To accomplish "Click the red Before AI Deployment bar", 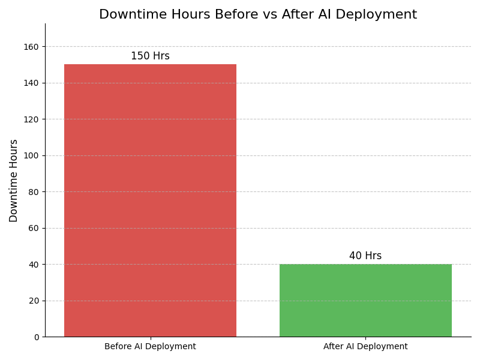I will (x=150, y=200).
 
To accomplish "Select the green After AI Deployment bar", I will (x=365, y=300).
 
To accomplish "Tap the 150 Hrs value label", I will (x=150, y=56).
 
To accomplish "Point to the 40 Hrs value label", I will (x=365, y=256).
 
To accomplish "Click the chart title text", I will (x=258, y=15).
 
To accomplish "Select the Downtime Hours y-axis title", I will (x=14, y=181).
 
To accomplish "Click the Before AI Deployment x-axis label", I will (x=150, y=347).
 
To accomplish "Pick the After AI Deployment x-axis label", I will (x=365, y=347).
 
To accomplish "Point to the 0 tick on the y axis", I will (x=36, y=337).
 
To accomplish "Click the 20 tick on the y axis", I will (x=34, y=301).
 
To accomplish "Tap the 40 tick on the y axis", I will (x=34, y=265).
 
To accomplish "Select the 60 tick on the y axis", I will (x=34, y=228).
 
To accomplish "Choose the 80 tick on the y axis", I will (x=34, y=192).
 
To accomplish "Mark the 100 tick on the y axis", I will (x=32, y=155).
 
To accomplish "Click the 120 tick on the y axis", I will (x=32, y=119).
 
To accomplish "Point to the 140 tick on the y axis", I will (x=32, y=83).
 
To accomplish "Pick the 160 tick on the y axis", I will (x=32, y=47).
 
